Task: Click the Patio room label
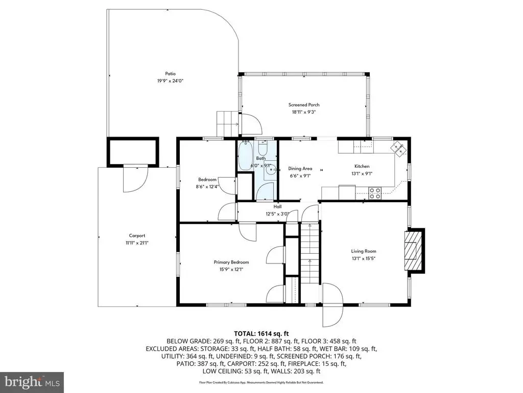coord(170,74)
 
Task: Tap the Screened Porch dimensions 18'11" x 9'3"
coord(304,112)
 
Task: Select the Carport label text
coord(137,235)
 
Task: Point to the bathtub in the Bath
coord(246,156)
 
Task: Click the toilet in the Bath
coord(263,146)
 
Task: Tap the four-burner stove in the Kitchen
coord(375,193)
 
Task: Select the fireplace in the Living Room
coord(414,250)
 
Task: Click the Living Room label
coord(364,251)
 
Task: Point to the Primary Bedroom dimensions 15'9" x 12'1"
coord(231,269)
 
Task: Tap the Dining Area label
coord(300,169)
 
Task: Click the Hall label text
coord(277,207)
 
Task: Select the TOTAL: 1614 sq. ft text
coord(261,334)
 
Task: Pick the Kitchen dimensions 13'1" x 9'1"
coord(362,174)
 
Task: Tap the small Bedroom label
coord(207,180)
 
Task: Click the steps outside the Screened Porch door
coord(227,124)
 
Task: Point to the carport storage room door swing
coord(135,179)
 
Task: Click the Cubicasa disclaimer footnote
coord(261,382)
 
